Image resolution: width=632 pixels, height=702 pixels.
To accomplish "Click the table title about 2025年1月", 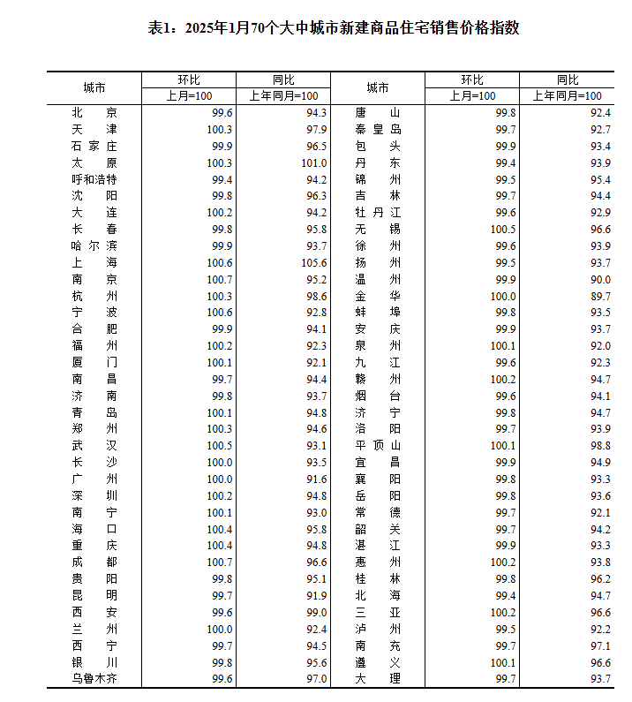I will tap(334, 28).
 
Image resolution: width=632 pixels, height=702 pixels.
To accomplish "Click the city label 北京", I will tap(94, 112).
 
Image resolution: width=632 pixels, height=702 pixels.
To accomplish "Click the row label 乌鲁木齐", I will tap(94, 678).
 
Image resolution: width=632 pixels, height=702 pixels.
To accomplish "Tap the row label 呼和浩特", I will tap(94, 179).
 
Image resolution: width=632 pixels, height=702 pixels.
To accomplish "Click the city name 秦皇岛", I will tap(378, 129).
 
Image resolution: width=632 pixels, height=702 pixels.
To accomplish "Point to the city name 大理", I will tap(378, 678).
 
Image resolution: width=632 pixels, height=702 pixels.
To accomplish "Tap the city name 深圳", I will tap(94, 495).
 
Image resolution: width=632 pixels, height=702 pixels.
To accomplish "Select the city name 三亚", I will tap(378, 612).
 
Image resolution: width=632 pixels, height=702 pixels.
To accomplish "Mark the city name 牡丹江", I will tap(378, 212).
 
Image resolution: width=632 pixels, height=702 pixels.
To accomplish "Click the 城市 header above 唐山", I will tap(378, 87).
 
